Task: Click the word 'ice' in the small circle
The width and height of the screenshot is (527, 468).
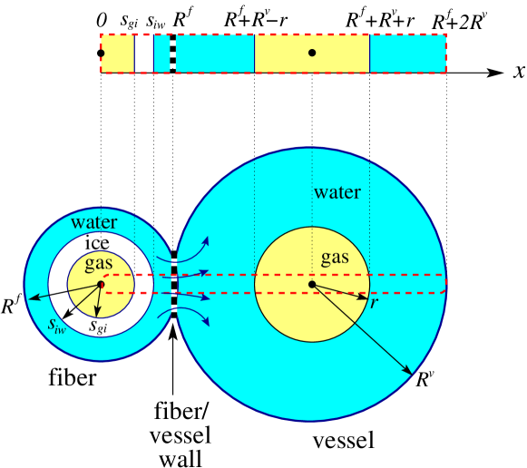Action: click(x=97, y=243)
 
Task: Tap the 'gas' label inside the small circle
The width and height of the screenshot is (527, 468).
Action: click(x=99, y=263)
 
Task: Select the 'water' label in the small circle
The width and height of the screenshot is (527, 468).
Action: click(x=94, y=222)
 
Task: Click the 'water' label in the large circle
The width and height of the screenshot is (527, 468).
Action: click(x=337, y=192)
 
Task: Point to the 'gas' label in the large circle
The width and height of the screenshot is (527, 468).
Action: click(x=335, y=258)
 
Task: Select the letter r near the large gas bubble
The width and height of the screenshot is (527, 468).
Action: click(x=374, y=303)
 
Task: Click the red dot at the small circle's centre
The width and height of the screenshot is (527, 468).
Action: click(x=101, y=285)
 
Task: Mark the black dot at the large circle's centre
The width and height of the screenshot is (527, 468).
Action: click(x=312, y=285)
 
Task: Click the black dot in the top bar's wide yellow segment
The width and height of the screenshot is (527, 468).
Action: click(x=312, y=53)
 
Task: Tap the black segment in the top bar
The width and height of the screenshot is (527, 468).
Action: click(x=144, y=53)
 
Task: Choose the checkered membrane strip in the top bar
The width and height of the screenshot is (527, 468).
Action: click(x=173, y=53)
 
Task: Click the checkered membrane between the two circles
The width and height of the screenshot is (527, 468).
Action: click(x=174, y=285)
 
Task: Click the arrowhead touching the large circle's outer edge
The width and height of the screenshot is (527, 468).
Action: click(x=409, y=371)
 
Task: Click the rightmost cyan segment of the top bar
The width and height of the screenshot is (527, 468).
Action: click(x=407, y=53)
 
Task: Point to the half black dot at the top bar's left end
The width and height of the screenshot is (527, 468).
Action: click(x=102, y=54)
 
